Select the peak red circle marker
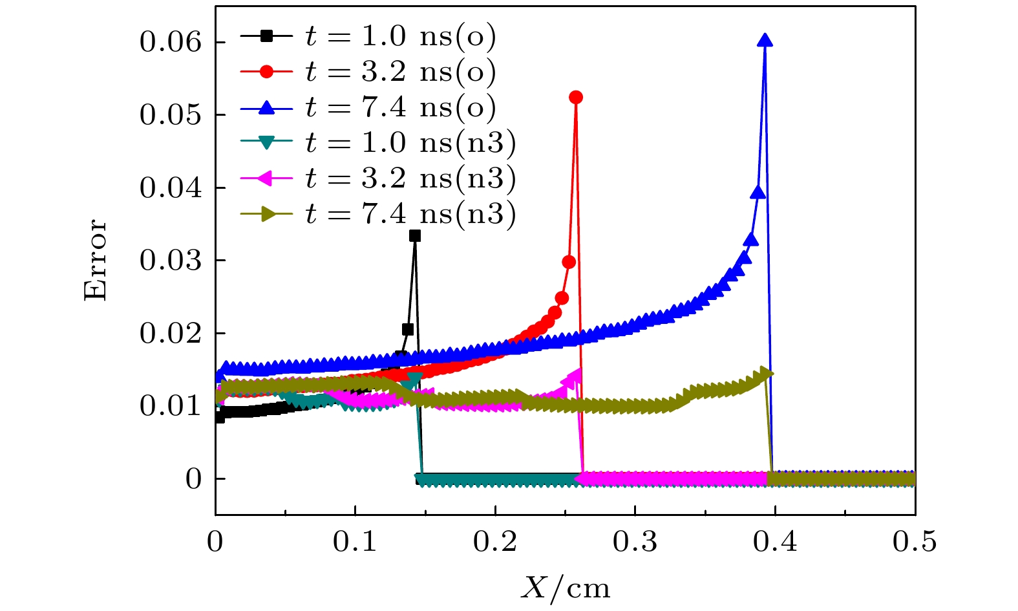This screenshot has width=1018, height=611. coord(576,97)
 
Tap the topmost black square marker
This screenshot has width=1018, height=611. coord(415,236)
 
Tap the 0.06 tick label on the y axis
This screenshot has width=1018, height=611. coord(171,43)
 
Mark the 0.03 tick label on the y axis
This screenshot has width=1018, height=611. coord(171,261)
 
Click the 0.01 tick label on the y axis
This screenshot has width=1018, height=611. coord(171,406)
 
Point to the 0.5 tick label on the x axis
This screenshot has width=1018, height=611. coord(915,542)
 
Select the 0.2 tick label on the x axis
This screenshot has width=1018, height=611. coord(495,542)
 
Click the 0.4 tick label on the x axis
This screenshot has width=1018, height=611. coord(775,542)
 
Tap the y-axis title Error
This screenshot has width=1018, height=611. coord(96,260)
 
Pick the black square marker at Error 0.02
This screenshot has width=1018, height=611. coord(408,330)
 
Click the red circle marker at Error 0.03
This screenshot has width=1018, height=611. coord(569,262)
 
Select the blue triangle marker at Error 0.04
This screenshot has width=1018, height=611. coord(758,193)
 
